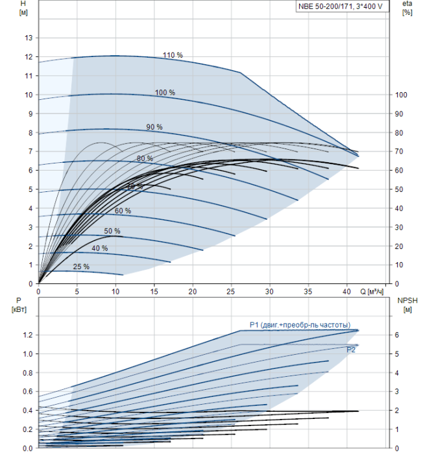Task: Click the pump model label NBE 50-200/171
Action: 326,6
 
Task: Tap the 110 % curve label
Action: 173,55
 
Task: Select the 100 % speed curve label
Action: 165,92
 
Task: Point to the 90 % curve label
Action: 154,127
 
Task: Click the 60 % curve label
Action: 123,211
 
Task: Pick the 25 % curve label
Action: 81,267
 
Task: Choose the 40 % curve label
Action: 100,248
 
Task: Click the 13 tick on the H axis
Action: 29,38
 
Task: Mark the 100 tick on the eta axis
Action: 401,95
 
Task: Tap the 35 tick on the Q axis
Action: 308,291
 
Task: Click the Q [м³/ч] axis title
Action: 372,292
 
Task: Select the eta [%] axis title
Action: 407,8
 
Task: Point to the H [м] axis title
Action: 23,8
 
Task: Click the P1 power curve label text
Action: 300,325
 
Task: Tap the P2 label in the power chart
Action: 351,350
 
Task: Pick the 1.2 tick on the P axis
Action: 28,335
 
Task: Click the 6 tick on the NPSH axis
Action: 397,335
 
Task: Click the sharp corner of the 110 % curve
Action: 240,73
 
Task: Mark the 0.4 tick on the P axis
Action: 28,411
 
